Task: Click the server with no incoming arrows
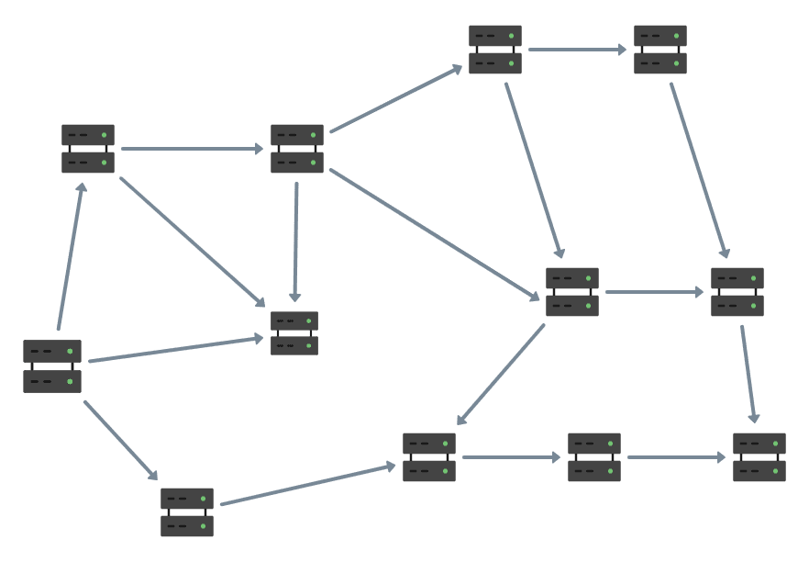click(52, 365)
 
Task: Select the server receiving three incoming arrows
click(294, 332)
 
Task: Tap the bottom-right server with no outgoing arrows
click(759, 457)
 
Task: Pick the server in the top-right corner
click(660, 50)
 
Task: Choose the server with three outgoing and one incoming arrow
click(297, 149)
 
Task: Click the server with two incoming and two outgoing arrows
click(572, 292)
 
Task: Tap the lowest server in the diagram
click(187, 512)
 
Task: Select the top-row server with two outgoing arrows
click(495, 50)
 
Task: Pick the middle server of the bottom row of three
click(594, 457)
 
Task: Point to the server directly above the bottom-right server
click(737, 292)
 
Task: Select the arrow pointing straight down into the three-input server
click(295, 241)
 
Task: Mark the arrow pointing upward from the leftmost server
click(70, 257)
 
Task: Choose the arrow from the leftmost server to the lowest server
click(120, 440)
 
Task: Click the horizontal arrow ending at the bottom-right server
click(675, 457)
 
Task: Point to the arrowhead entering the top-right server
click(623, 50)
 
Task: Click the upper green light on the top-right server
click(676, 36)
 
